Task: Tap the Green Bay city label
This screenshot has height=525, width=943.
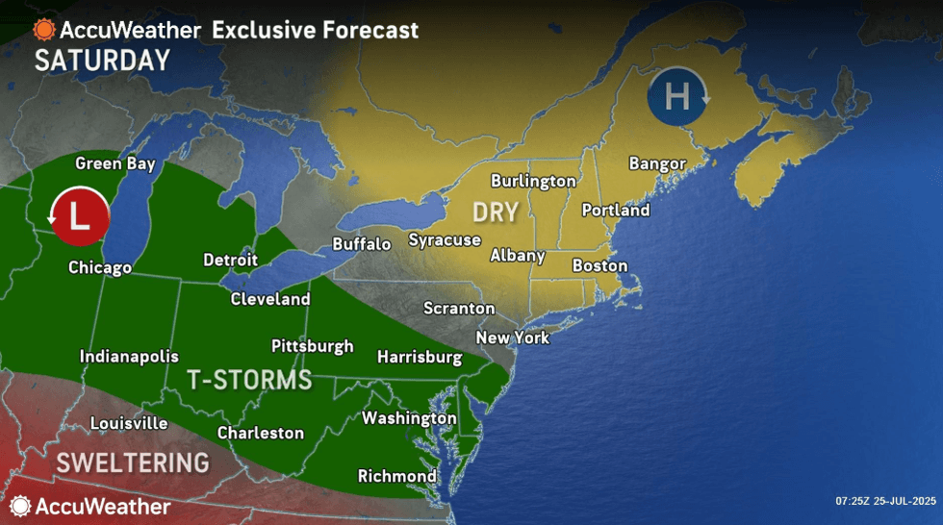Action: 115,163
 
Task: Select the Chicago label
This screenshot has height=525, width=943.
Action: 100,267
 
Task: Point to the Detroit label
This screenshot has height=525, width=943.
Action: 231,260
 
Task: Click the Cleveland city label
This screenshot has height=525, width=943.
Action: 270,299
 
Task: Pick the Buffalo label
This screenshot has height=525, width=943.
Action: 362,244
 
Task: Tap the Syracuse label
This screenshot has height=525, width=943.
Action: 445,239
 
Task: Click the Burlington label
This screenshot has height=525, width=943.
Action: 533,181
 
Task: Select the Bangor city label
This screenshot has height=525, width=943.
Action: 657,163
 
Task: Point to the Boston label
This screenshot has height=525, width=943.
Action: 599,265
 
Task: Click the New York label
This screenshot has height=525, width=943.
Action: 513,337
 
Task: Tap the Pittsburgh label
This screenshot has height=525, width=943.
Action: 312,346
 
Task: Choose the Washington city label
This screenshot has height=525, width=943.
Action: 409,418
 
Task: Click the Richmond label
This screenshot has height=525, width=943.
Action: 397,476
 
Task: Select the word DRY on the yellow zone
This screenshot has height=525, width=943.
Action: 496,212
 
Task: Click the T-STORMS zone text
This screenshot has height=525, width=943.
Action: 249,381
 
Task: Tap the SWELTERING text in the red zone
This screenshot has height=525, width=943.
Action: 133,462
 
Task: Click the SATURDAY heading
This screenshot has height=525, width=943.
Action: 102,61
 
